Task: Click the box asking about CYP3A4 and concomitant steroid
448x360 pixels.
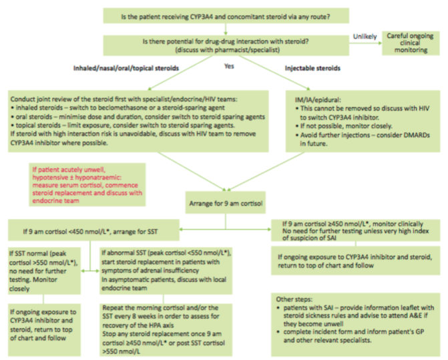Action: (x=226, y=16)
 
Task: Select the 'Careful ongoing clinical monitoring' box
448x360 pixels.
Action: (x=411, y=43)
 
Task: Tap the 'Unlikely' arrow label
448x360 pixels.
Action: (x=365, y=37)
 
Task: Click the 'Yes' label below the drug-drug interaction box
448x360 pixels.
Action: (x=229, y=66)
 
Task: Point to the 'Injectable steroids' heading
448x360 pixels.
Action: (x=312, y=68)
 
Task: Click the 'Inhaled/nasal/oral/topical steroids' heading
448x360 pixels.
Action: (x=126, y=68)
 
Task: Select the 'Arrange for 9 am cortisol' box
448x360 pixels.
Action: (x=226, y=203)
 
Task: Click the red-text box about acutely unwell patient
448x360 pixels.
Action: (x=87, y=185)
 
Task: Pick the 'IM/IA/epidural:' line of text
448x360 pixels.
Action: (x=318, y=100)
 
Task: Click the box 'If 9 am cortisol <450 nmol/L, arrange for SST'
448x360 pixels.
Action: (x=93, y=230)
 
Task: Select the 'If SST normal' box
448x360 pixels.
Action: (x=44, y=271)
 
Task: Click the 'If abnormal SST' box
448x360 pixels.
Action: (x=166, y=271)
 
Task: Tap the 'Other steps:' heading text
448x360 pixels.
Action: (x=294, y=299)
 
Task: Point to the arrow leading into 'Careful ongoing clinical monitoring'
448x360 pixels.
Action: (x=366, y=43)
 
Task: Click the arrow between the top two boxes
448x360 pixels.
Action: (x=226, y=29)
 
